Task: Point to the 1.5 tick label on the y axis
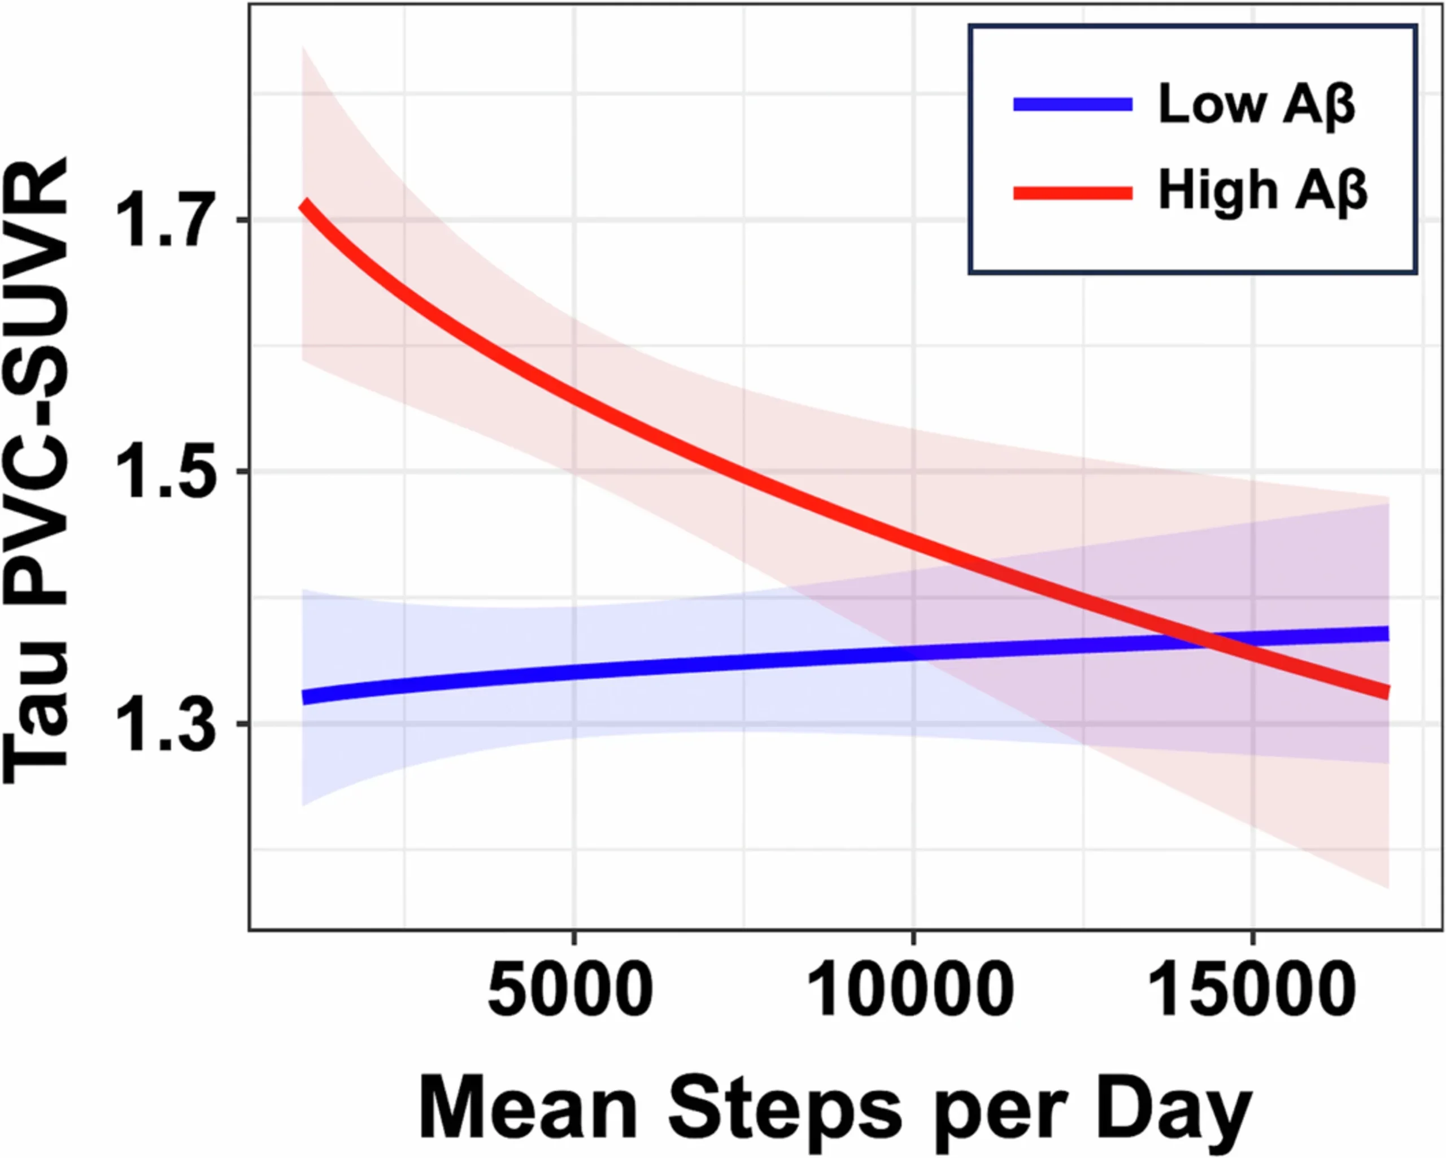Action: click(162, 472)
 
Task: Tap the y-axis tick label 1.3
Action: click(162, 724)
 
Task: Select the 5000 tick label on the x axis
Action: click(570, 990)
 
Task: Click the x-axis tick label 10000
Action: click(911, 990)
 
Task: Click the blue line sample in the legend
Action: click(1073, 105)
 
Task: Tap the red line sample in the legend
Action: click(1073, 194)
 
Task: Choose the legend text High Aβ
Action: click(1263, 193)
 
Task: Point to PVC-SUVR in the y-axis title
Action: click(37, 389)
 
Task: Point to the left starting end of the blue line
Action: click(304, 698)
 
